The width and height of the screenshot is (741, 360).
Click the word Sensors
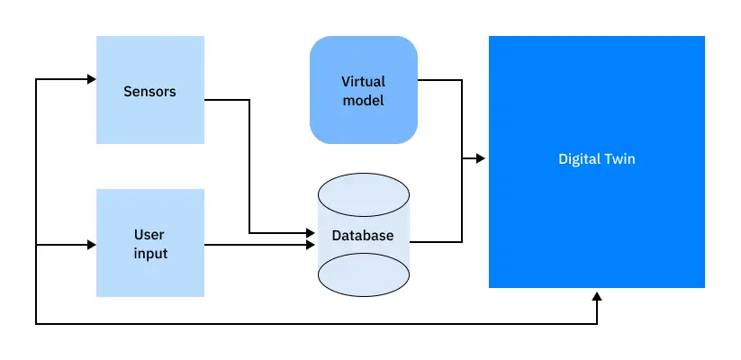[149, 91]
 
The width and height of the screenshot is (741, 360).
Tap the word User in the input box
[150, 235]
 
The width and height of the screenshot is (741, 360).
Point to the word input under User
[150, 253]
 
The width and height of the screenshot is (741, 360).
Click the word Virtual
[363, 82]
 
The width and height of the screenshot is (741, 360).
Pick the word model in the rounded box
[363, 100]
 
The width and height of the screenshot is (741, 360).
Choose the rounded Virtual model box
[363, 121]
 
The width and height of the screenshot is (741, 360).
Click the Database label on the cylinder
[363, 236]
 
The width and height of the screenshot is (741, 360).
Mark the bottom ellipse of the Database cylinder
[363, 274]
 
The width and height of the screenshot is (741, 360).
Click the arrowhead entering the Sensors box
[91, 80]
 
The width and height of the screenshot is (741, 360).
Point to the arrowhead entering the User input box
[91, 244]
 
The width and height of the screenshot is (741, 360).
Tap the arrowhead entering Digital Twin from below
[596, 295]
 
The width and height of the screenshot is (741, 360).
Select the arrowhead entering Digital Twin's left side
[481, 159]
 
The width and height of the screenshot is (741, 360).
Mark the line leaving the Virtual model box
[441, 80]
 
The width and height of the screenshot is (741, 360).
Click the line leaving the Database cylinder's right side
[437, 242]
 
